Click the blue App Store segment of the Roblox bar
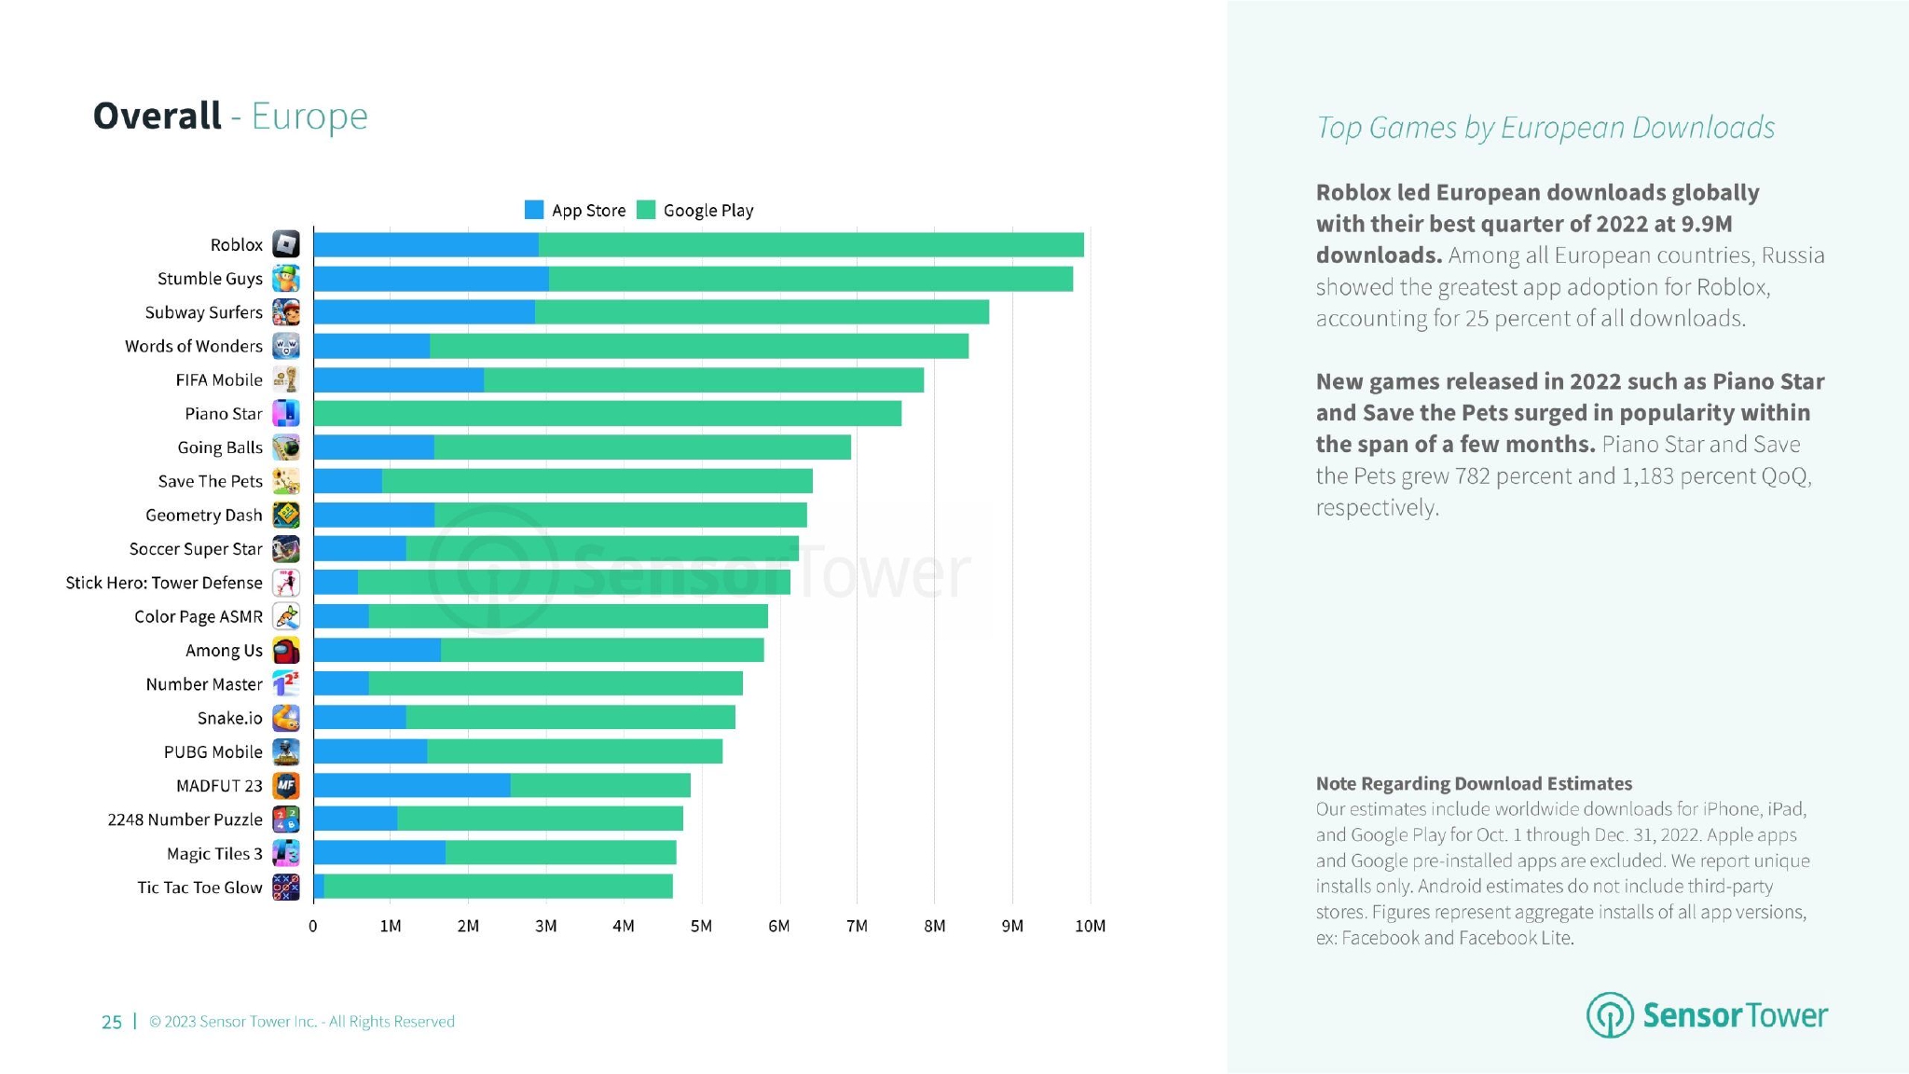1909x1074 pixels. (x=426, y=245)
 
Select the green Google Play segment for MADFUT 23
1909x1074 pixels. (x=600, y=786)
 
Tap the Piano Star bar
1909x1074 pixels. (x=607, y=414)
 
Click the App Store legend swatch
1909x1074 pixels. (x=534, y=210)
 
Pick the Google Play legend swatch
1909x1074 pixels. (x=646, y=210)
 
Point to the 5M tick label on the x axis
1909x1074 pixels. (x=701, y=926)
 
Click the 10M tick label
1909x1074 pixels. (x=1090, y=926)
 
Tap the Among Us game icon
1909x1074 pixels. (x=286, y=651)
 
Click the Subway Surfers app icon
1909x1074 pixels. (x=286, y=312)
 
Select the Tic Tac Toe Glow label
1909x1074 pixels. (x=199, y=888)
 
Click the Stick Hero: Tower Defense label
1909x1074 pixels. (x=164, y=583)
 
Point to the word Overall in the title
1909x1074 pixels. (x=158, y=117)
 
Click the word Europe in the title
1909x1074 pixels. (x=309, y=117)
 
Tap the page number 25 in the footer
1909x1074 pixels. (x=112, y=1022)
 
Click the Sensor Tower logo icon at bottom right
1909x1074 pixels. (x=1610, y=1015)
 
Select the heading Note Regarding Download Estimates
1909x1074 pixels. (x=1474, y=783)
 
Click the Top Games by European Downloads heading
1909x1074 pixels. (x=1545, y=128)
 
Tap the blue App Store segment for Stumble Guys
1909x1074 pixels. (x=431, y=279)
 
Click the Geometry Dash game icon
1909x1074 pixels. (x=286, y=516)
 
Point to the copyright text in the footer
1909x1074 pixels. (x=302, y=1022)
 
